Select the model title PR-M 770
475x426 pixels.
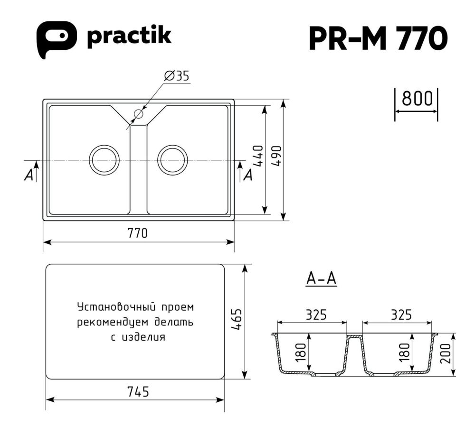coord(378,38)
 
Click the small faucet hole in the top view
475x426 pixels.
coord(139,114)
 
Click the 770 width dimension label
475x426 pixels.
coord(137,233)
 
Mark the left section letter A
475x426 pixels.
coord(29,175)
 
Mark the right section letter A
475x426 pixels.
coord(247,175)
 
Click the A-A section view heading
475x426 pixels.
coord(321,279)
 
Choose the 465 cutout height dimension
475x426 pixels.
coord(237,322)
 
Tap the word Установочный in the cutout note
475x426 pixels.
coord(107,306)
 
